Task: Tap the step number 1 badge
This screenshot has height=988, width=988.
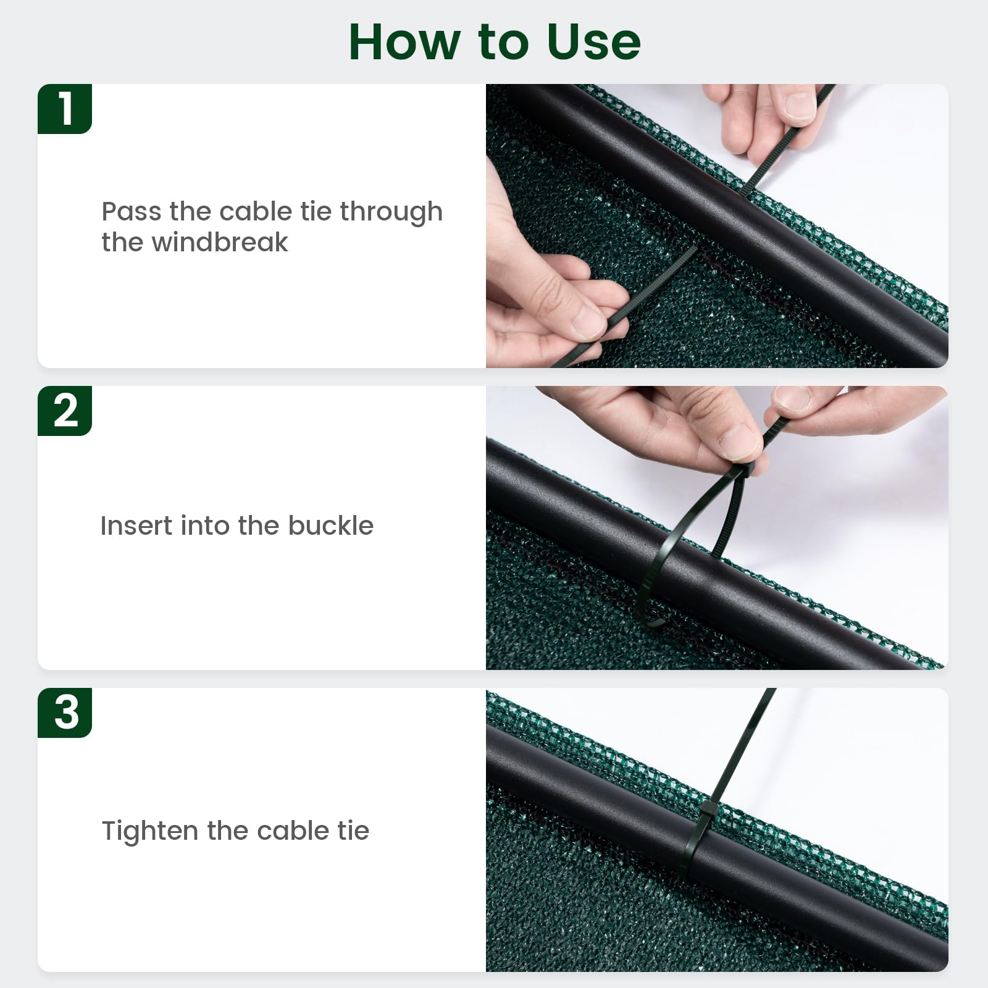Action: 65,109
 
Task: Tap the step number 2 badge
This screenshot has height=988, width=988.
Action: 65,411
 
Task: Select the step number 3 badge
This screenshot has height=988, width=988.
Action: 65,713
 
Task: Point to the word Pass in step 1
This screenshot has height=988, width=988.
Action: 132,212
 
